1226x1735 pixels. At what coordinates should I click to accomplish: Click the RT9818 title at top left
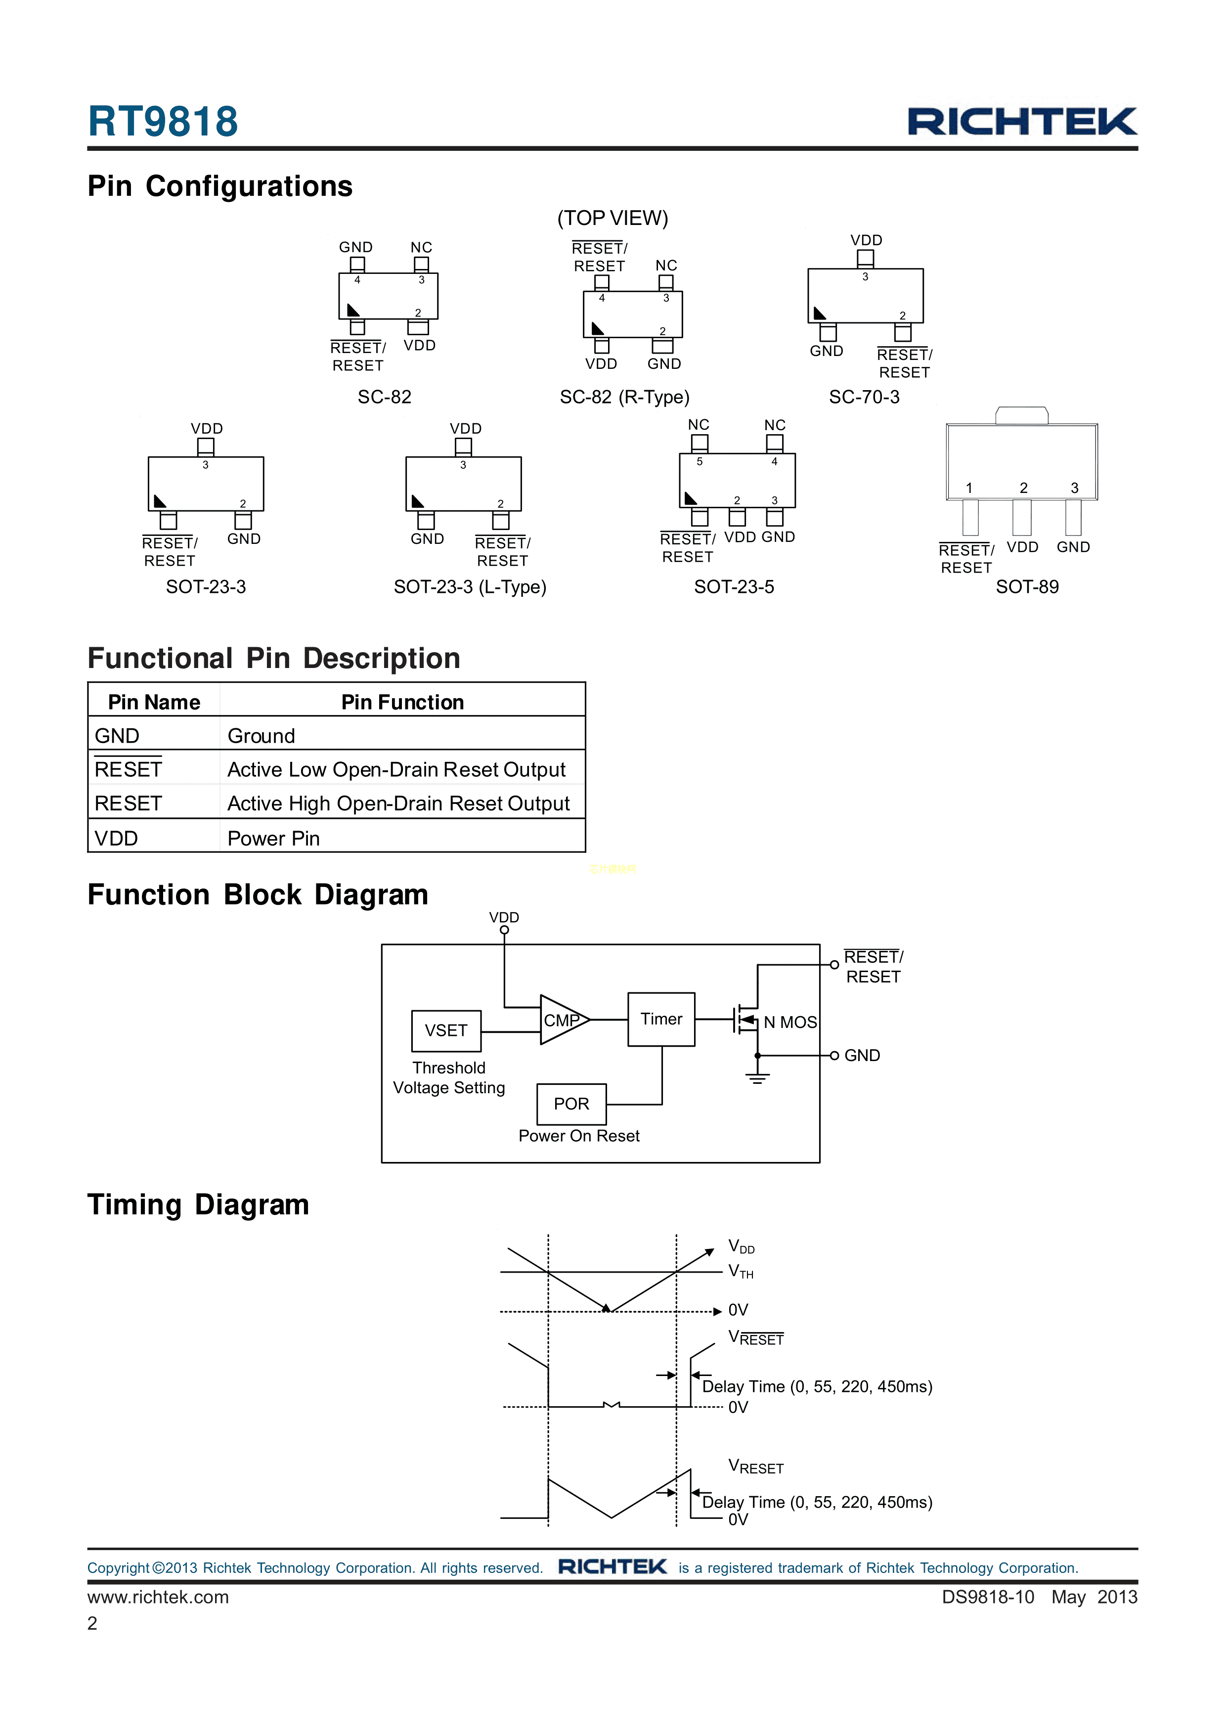coord(163,122)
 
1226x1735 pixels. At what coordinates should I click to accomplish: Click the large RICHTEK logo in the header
coord(1021,122)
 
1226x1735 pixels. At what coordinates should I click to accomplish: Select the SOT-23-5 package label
coord(734,587)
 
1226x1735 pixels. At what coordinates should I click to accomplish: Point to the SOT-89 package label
coord(1027,587)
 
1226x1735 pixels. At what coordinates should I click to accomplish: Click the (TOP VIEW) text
coord(613,219)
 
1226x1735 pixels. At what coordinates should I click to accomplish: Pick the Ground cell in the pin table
coord(262,736)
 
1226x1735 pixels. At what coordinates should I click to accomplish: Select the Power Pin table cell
coord(273,839)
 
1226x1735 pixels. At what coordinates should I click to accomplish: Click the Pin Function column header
coord(402,703)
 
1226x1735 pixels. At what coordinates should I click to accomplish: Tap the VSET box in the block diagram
coord(446,1031)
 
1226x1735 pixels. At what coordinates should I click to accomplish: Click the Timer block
coord(661,1020)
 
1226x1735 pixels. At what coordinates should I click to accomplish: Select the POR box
coord(571,1104)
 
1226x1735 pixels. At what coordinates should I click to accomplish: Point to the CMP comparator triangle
coord(561,1020)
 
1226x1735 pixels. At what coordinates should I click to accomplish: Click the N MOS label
coord(789,1023)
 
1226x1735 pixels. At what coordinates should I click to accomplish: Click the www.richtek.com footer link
coord(158,1597)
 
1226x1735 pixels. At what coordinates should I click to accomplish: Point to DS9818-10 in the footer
coord(987,1597)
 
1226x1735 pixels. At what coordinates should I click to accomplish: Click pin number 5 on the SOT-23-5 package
coord(700,462)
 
